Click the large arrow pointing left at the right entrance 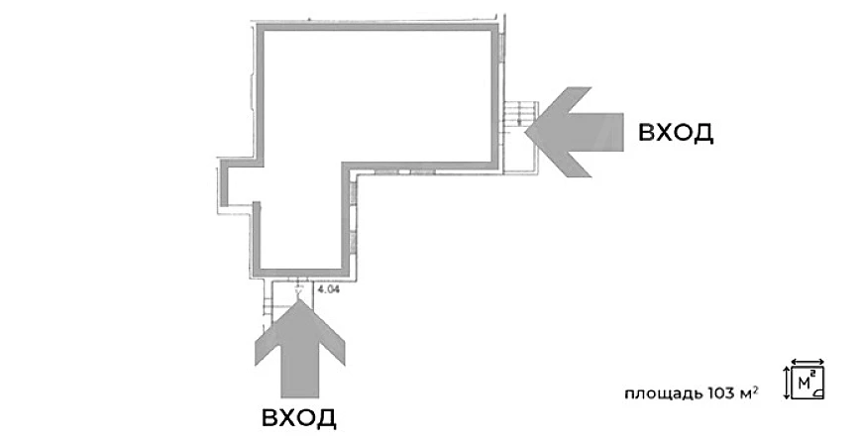575,132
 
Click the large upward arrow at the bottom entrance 300,349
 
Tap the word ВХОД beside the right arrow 676,133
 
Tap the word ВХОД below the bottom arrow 298,418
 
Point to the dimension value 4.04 329,288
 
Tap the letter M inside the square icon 805,383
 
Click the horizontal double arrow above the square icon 808,362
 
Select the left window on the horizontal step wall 386,172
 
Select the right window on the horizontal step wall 423,172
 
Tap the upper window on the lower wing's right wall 354,193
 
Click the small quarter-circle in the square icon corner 819,392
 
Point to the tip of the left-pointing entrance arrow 525,132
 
